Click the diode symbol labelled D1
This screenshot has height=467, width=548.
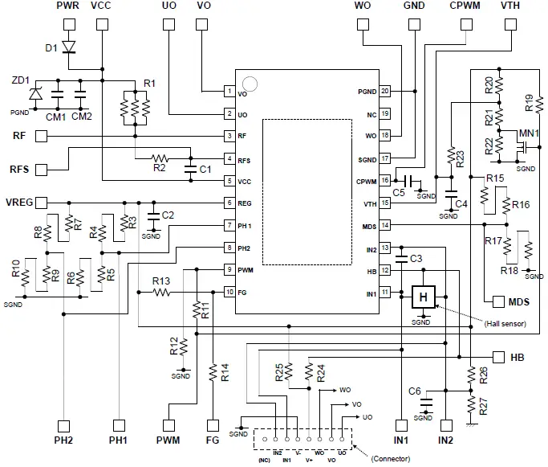(69, 49)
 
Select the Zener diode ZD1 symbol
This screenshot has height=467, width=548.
(36, 94)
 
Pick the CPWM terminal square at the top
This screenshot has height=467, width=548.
(465, 24)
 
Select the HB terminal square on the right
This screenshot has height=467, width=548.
(497, 356)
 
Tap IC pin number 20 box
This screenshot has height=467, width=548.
(386, 92)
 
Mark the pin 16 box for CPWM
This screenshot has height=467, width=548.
(386, 181)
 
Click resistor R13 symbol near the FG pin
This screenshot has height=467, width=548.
(162, 293)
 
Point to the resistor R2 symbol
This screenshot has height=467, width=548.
(160, 158)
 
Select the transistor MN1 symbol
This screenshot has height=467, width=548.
(521, 148)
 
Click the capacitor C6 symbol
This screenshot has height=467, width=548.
(425, 399)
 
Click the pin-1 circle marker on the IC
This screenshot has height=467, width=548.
(250, 83)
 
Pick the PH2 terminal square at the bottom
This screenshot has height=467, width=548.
(63, 425)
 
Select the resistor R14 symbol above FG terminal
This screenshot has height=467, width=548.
(213, 371)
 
